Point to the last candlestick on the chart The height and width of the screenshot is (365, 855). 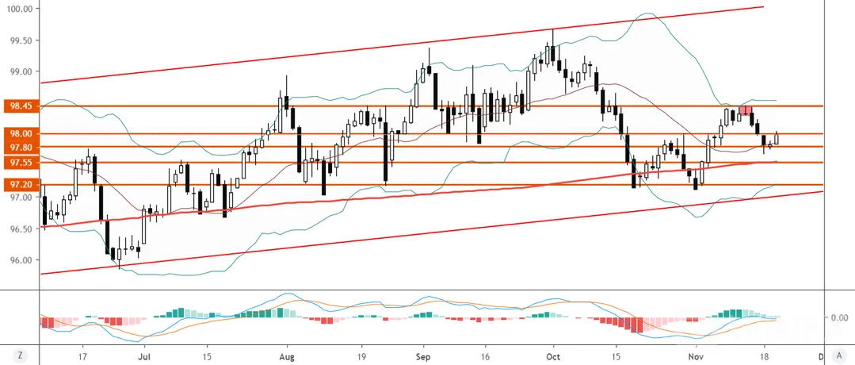click(777, 139)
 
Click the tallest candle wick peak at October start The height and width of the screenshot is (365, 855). click(553, 29)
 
